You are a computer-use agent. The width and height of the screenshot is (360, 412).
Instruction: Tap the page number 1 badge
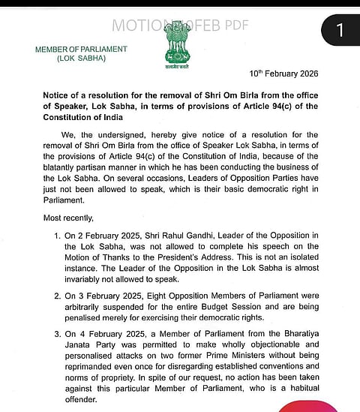tap(339, 30)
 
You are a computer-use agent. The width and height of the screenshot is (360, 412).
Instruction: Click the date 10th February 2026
tap(285, 74)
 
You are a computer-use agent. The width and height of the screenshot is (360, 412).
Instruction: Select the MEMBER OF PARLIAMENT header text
tap(82, 50)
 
